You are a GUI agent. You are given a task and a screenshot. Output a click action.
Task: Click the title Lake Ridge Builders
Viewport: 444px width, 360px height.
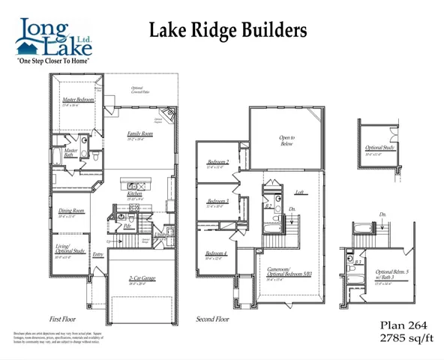pyautogui.click(x=228, y=31)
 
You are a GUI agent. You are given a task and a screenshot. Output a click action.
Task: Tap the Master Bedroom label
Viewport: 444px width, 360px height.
pyautogui.click(x=78, y=100)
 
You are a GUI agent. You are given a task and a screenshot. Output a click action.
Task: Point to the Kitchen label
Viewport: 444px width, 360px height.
pyautogui.click(x=134, y=194)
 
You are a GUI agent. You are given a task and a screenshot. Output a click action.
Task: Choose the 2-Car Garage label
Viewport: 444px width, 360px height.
pyautogui.click(x=141, y=278)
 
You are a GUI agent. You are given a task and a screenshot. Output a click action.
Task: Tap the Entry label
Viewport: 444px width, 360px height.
pyautogui.click(x=98, y=255)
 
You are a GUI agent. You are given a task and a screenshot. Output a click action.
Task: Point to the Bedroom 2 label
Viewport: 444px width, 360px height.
pyautogui.click(x=218, y=163)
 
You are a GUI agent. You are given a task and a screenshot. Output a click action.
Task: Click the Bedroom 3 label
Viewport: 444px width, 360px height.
pyautogui.click(x=218, y=201)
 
